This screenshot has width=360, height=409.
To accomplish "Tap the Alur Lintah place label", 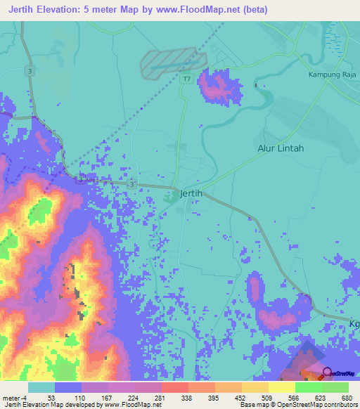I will coord(280,148).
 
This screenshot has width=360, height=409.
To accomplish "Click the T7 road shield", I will coord(187,79).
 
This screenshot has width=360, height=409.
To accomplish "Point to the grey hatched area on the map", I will coord(169,63).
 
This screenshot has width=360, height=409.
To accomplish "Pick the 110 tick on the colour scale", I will coord(81,397).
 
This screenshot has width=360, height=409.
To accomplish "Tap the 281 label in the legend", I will coord(161,397).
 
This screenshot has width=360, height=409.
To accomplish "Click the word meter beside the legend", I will coord(11,397).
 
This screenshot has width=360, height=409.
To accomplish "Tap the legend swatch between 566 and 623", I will coord(309,387).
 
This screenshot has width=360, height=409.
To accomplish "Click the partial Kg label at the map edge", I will coord(353,323).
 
